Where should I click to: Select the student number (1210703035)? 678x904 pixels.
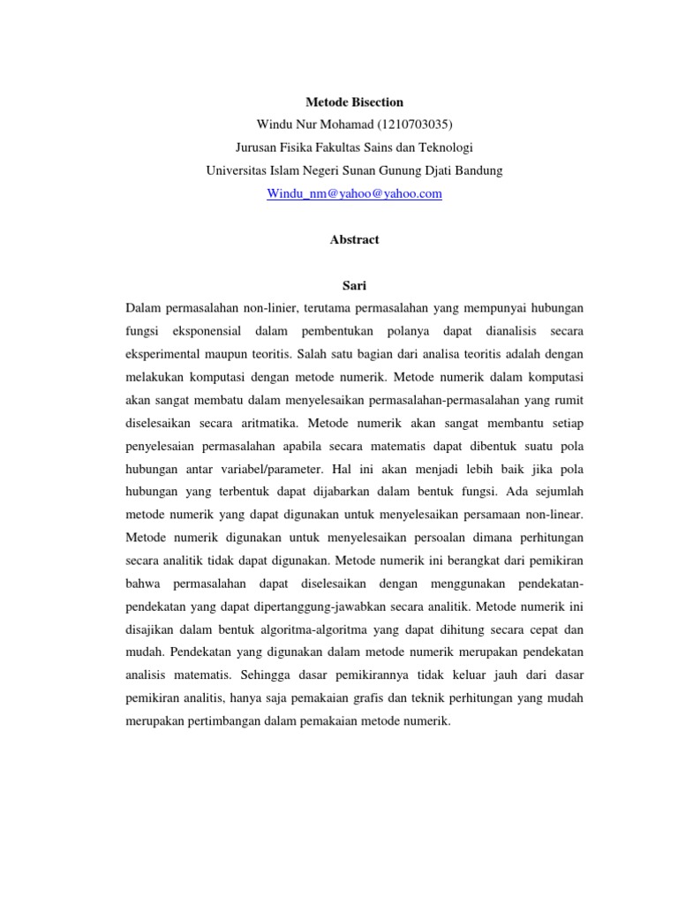coord(413,124)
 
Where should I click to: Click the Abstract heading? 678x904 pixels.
coord(354,239)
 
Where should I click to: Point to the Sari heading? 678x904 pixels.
coord(354,286)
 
